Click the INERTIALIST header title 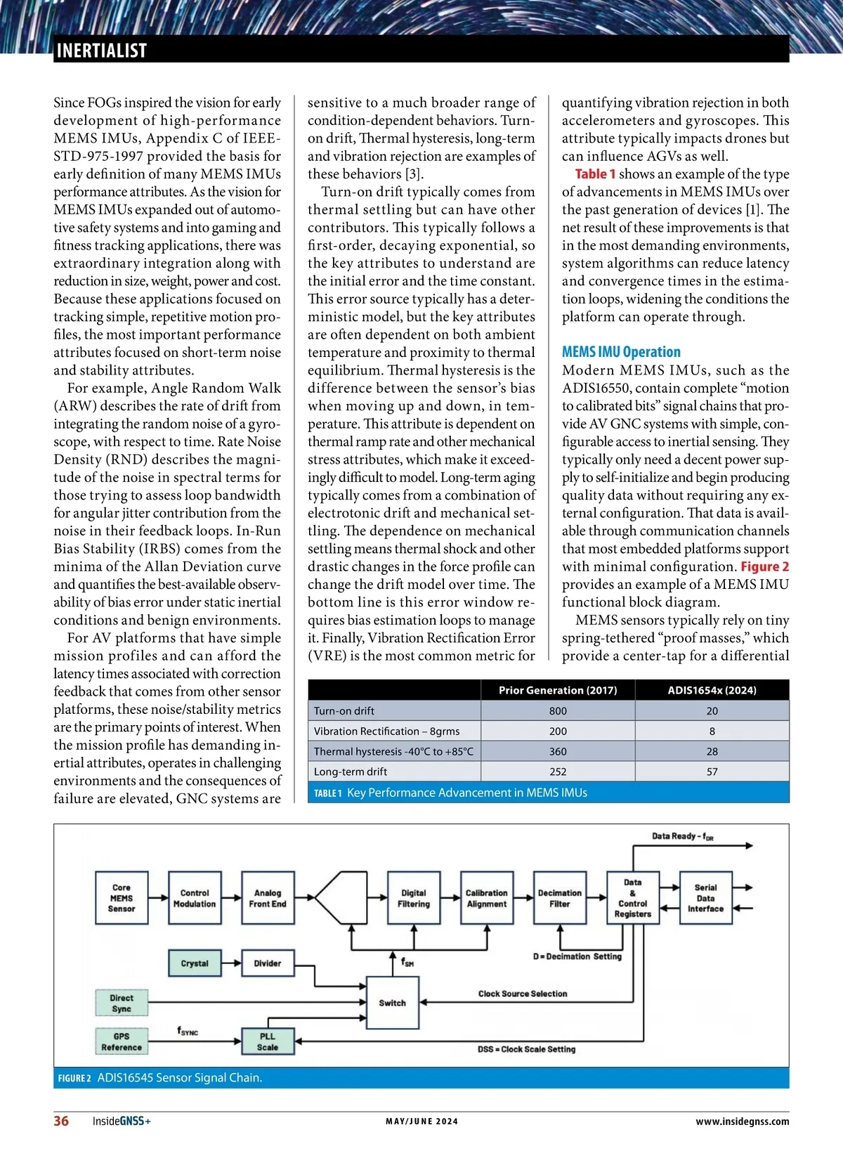point(101,51)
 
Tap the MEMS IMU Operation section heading point(621,352)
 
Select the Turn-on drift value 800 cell point(558,710)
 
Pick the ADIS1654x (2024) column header point(712,690)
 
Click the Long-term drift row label point(351,772)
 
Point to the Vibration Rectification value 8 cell point(712,731)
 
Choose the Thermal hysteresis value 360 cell point(558,751)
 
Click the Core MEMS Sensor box point(122,898)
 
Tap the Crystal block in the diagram point(195,963)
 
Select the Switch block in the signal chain point(392,1003)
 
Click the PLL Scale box point(268,1041)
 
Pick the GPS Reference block point(122,1041)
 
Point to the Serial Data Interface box point(705,898)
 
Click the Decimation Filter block point(560,898)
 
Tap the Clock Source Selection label point(523,994)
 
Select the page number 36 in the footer point(62,1121)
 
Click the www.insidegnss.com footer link point(742,1121)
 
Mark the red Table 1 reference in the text point(595,174)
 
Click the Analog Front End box point(268,898)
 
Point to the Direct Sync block point(122,1003)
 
